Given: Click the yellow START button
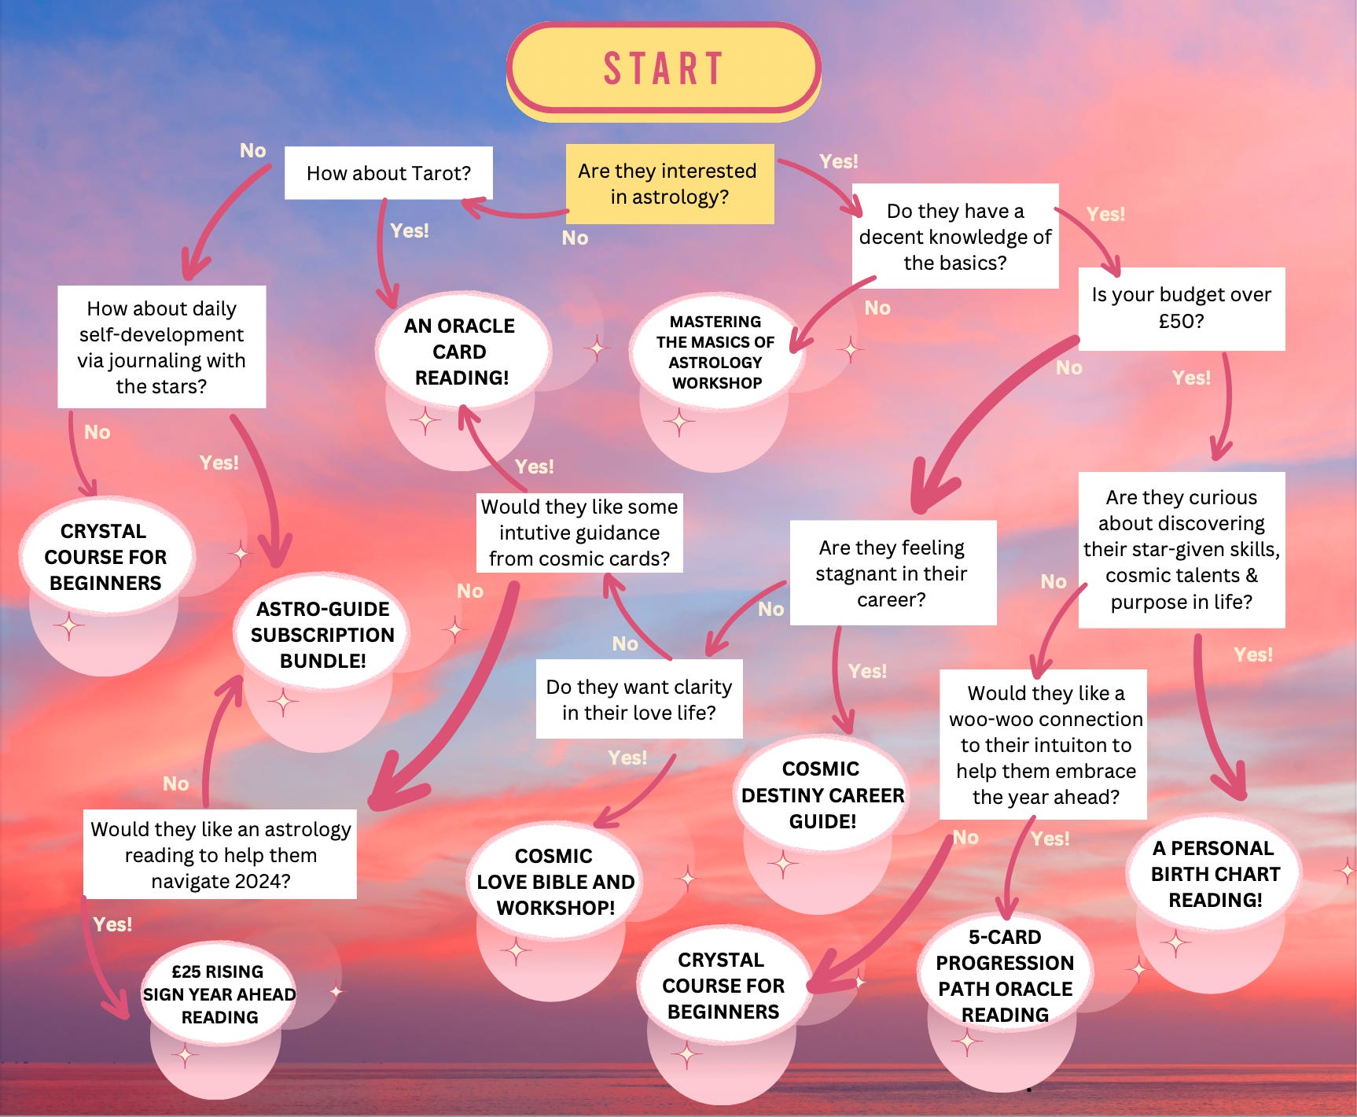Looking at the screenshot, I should (x=664, y=68).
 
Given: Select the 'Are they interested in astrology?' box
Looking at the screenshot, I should (x=669, y=183).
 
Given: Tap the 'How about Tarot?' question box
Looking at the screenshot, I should (x=388, y=173).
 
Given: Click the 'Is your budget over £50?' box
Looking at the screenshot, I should (x=1181, y=308).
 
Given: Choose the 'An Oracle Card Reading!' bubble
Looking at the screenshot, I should (x=462, y=352).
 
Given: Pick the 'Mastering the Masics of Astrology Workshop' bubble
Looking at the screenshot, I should (x=715, y=352).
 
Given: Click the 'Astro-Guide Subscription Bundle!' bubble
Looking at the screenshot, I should (x=322, y=635).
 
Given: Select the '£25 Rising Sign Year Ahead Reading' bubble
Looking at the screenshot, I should (x=219, y=994).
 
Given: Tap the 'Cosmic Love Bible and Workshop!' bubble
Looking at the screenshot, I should (x=555, y=882).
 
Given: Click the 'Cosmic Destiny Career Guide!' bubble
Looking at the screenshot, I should (x=822, y=794).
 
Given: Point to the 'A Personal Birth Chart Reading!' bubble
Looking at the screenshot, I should (x=1215, y=874).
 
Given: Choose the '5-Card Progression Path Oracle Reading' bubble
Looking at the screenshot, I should (x=1005, y=975).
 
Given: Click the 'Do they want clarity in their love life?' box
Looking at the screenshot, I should (x=638, y=699).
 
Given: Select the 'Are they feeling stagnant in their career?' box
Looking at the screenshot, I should (x=892, y=573).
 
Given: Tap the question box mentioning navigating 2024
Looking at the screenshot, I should (x=220, y=854).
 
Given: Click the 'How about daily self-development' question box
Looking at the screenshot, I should (x=161, y=347).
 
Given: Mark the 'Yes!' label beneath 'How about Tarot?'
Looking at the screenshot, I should (x=410, y=230).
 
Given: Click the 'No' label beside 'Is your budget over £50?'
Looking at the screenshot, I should (x=1069, y=367).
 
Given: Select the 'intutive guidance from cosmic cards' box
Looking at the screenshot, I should (x=579, y=533).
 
